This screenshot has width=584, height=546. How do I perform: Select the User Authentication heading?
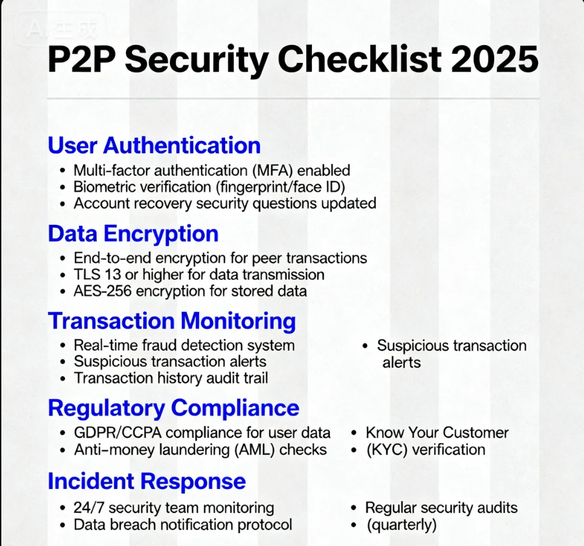click(x=154, y=145)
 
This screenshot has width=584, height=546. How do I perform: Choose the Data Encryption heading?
click(x=133, y=234)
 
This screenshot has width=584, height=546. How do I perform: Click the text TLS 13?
click(x=92, y=274)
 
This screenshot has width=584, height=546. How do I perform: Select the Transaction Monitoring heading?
click(x=172, y=320)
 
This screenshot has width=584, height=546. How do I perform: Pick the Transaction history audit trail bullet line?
click(x=171, y=378)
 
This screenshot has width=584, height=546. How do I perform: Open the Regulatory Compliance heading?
click(x=173, y=407)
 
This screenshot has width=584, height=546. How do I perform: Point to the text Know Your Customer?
click(x=437, y=433)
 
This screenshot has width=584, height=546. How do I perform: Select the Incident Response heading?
click(x=147, y=481)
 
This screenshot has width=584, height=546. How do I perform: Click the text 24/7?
click(x=88, y=508)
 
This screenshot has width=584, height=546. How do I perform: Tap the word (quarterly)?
click(x=402, y=525)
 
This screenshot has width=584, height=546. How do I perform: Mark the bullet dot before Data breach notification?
click(x=62, y=525)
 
